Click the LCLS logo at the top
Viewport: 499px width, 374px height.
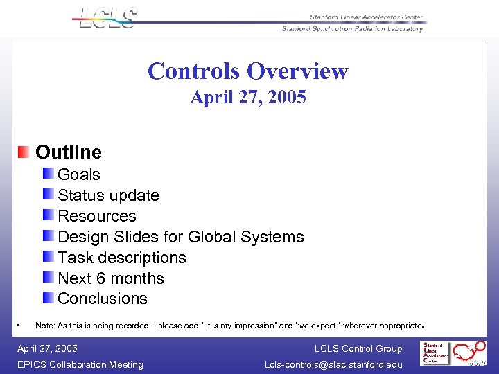(108, 18)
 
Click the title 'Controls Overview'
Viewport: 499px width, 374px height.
(247, 71)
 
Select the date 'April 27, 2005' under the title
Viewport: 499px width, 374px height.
(248, 98)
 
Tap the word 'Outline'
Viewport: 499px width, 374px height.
(69, 152)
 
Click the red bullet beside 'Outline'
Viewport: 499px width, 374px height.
(24, 152)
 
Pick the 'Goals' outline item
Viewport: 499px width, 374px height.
(79, 175)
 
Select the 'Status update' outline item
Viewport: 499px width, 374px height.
(108, 195)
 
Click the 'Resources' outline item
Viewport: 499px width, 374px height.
(97, 216)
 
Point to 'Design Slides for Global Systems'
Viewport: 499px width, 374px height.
(181, 237)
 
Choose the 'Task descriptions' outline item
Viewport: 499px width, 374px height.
(122, 258)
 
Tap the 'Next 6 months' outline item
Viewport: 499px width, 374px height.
(111, 278)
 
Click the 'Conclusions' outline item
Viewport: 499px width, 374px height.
(103, 299)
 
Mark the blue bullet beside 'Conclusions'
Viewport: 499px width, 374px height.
(47, 298)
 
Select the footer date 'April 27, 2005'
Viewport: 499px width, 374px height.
(47, 348)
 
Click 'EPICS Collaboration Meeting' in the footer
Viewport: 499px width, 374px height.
(80, 364)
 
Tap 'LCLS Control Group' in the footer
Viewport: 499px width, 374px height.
(358, 348)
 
